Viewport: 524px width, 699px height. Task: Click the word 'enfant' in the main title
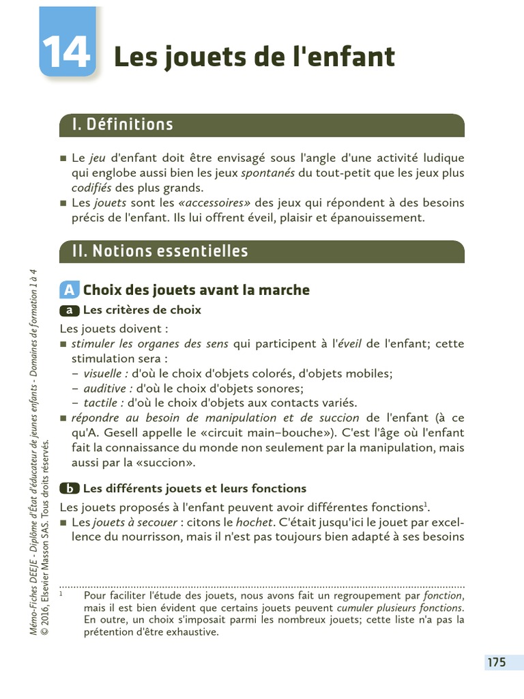tap(360, 57)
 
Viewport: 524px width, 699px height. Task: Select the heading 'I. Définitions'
tap(123, 125)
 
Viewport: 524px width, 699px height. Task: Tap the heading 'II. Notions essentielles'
tap(160, 251)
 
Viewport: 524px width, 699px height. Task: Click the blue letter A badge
tap(69, 290)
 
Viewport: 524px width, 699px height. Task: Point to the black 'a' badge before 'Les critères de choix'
tap(70, 311)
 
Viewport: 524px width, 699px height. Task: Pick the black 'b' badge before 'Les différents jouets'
tap(70, 489)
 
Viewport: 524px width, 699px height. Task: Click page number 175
tap(496, 662)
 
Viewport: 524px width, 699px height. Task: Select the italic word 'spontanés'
tap(268, 173)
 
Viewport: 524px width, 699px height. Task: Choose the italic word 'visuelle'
tap(106, 373)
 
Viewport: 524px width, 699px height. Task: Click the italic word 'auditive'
tap(106, 388)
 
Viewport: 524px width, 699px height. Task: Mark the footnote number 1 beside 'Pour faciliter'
tap(61, 594)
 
